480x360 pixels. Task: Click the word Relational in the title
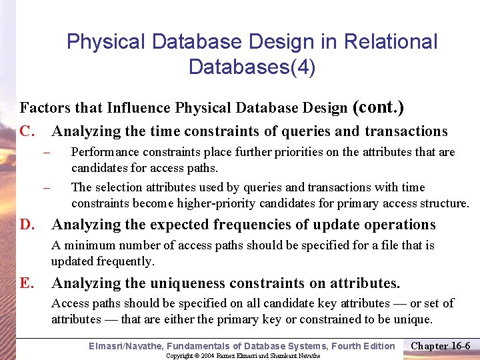[391, 42]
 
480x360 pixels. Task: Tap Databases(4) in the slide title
[252, 67]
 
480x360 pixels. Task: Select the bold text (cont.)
[378, 107]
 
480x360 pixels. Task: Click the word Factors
[42, 108]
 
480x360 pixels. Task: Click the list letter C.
[28, 131]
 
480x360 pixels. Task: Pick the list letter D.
[28, 225]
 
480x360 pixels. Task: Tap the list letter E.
[27, 283]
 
